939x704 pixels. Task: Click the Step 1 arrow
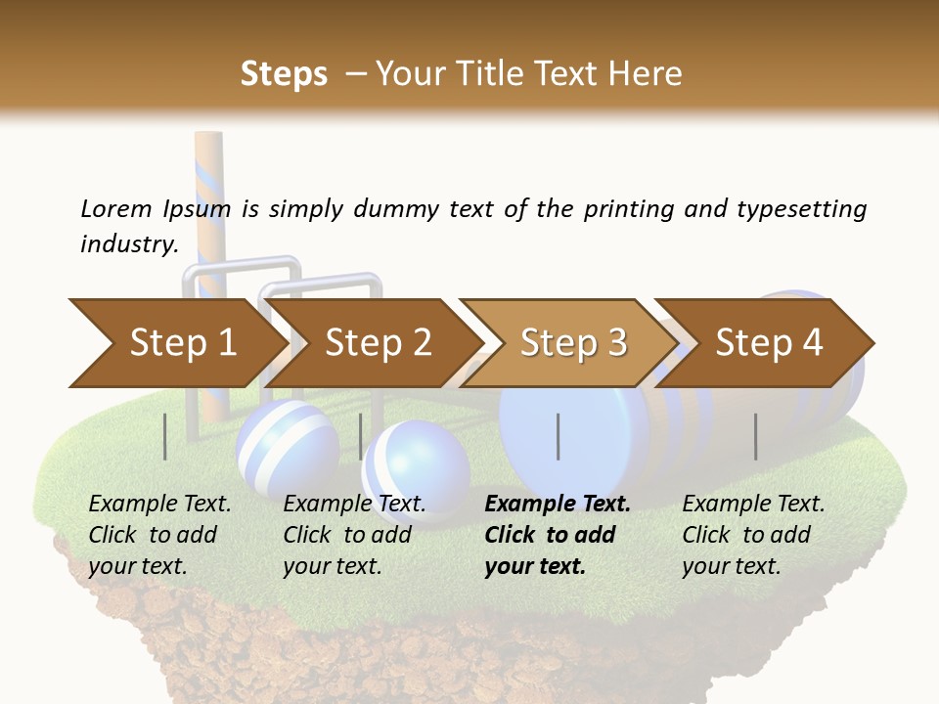click(176, 343)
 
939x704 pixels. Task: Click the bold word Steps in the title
click(284, 73)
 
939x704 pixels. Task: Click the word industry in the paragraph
click(128, 244)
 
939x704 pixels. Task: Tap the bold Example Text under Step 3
click(558, 504)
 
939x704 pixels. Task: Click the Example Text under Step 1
click(159, 504)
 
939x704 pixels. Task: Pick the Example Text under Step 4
click(753, 504)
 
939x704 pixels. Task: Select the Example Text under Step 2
click(354, 504)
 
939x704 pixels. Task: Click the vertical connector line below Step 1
click(165, 436)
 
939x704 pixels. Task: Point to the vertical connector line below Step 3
click(559, 436)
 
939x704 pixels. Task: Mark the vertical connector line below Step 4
click(756, 436)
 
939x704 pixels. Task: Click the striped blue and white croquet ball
click(287, 445)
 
